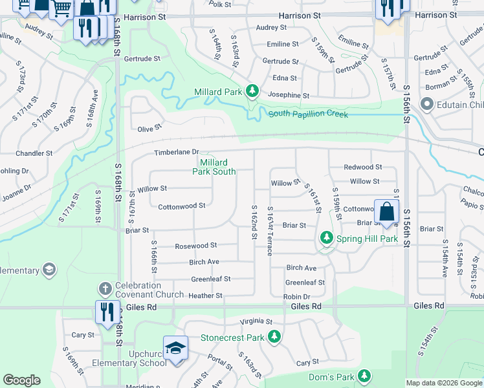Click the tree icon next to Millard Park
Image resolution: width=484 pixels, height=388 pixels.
tap(252, 92)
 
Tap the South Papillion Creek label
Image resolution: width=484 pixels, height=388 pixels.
tap(308, 114)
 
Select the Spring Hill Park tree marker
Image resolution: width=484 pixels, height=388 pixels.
tap(327, 239)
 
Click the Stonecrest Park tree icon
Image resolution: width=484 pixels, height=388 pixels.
tap(274, 337)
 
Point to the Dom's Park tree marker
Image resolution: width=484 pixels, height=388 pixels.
tap(364, 376)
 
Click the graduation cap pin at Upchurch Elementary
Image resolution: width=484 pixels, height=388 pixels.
tap(175, 348)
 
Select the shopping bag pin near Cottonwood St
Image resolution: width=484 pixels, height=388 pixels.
tap(386, 211)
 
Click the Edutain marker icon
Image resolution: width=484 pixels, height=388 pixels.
tap(426, 104)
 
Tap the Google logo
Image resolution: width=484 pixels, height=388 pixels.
tap(21, 380)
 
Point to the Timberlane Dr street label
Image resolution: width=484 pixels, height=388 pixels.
tap(175, 153)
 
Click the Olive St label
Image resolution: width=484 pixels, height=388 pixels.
tap(149, 129)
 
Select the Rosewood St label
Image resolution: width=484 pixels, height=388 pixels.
tap(196, 246)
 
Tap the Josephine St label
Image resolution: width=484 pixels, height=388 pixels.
tap(289, 95)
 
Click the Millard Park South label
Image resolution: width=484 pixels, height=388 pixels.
tap(214, 167)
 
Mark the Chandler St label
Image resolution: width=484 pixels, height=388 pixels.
tap(34, 154)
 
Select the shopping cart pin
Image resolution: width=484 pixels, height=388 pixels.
tap(61, 9)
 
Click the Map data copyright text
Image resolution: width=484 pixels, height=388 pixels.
tap(443, 383)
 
